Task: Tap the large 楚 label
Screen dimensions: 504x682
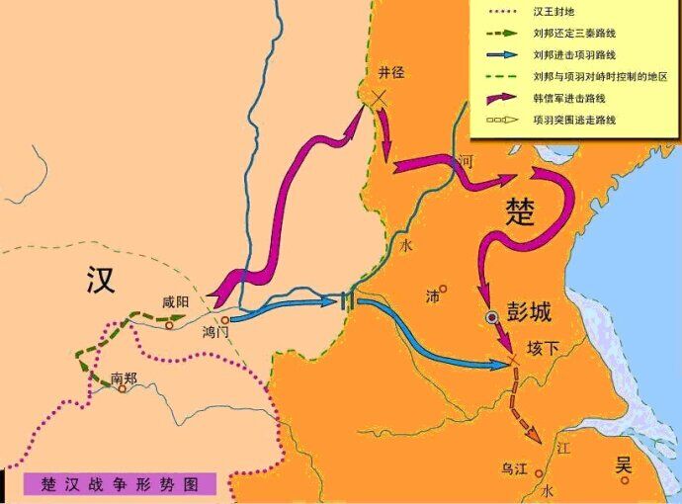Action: pyautogui.click(x=521, y=210)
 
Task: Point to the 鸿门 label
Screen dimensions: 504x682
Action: pyautogui.click(x=215, y=333)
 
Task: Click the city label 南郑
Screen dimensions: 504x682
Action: pyautogui.click(x=125, y=377)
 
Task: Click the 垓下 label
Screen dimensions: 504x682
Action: pyautogui.click(x=543, y=349)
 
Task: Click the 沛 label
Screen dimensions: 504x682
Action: pyautogui.click(x=432, y=295)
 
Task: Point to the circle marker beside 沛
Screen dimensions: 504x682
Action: pyautogui.click(x=444, y=290)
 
